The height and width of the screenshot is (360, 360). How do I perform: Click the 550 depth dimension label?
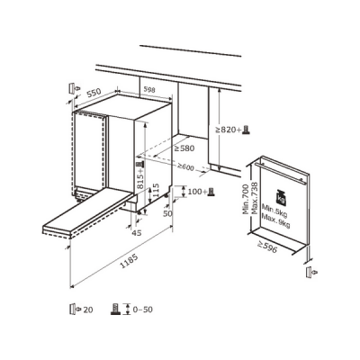coord(94,94)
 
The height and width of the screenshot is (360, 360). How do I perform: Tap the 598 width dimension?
coord(149,89)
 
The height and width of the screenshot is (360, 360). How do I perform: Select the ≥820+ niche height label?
coord(228,130)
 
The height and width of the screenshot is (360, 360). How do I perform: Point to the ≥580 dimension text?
coord(184,148)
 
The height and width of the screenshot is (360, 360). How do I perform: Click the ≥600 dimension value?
coord(185,166)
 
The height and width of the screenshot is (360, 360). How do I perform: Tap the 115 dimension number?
coord(156,190)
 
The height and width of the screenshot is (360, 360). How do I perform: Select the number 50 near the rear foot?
coord(167,213)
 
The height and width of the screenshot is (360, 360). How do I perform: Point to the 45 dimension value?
coord(137,233)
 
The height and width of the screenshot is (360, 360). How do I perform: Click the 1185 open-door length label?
coord(129,261)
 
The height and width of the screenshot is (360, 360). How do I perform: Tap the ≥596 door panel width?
coord(266,247)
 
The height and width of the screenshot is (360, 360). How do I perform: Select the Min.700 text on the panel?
coord(246,200)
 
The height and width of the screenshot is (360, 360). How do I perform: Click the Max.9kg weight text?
coord(275,220)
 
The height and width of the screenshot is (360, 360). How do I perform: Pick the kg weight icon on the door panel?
coord(281,198)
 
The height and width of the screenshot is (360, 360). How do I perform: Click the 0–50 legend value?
coord(142,309)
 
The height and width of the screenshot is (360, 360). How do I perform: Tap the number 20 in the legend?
coord(88,310)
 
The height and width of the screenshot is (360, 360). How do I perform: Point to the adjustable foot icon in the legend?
coord(115,309)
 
